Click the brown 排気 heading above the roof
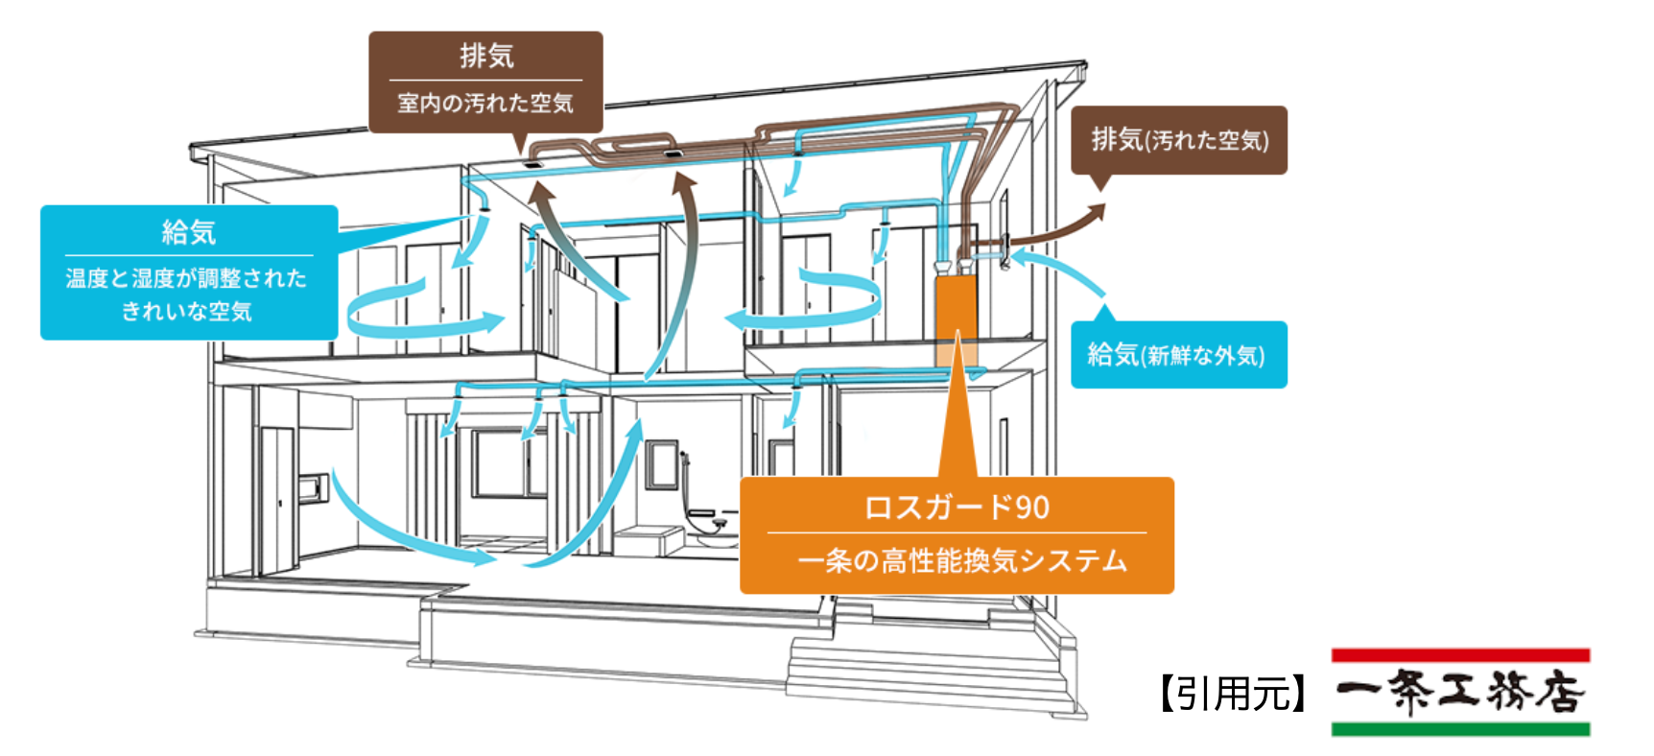[486, 56]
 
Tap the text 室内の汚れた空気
[485, 104]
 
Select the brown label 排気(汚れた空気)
[1179, 140]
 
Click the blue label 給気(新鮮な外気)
[1177, 355]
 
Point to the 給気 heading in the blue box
[189, 231]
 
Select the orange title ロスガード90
[957, 507]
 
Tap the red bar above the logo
[1459, 655]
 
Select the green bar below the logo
[1459, 729]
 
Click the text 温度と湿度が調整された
[186, 278]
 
